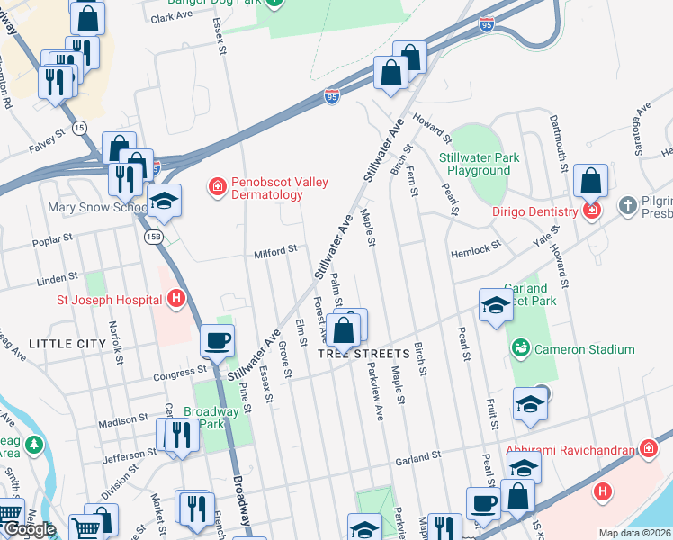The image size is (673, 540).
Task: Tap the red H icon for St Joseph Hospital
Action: click(x=177, y=298)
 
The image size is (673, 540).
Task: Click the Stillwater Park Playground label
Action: click(x=479, y=164)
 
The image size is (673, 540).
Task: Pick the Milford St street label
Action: click(x=274, y=253)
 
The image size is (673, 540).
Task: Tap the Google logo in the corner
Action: click(x=29, y=529)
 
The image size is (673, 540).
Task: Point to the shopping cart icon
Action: click(x=85, y=529)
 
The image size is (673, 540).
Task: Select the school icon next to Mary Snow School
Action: click(x=165, y=202)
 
